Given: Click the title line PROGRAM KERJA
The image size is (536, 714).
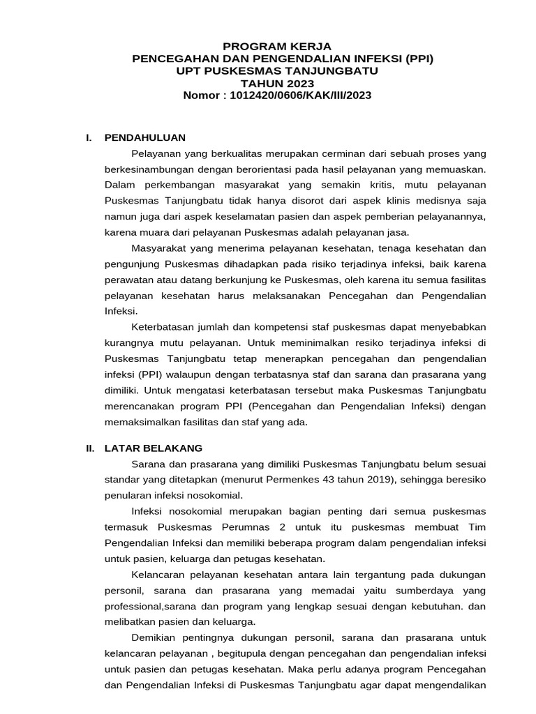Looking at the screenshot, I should coord(283,46).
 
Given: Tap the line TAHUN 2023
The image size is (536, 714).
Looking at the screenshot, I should coord(283,84).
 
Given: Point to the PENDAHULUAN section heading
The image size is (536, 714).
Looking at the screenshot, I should coord(144,137).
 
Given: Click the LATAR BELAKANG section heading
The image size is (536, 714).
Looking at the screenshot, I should coord(154,448).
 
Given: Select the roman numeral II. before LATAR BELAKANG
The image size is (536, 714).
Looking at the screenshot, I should coord(90,448).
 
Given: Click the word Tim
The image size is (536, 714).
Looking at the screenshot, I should coord(477,526).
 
